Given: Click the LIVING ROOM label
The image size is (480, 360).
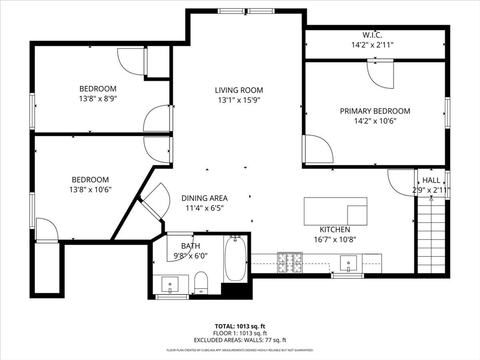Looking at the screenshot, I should coord(239,90).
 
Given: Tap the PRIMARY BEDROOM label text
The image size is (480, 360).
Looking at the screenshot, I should coord(375,111).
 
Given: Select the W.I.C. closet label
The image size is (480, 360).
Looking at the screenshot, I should coord(372,35).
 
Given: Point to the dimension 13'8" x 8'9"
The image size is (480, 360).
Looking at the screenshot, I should coord(97,99).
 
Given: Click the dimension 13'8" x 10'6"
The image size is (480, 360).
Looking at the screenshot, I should coord(90,189).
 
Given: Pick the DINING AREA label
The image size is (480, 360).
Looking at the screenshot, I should coord(204,198).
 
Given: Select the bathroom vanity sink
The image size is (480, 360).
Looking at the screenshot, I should coord(170,284).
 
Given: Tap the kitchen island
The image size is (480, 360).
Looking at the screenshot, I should coord(335,211).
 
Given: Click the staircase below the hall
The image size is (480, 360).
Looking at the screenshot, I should coord(431,237).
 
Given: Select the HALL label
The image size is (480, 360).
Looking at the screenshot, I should coord(431,180).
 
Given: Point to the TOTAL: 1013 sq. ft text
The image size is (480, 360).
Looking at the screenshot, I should coord(240,326).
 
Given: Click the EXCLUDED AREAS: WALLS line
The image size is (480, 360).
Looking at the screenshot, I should coord(240,340).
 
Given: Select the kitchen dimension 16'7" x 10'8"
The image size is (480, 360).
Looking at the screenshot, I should coord(335,239).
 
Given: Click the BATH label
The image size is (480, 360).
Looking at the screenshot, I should coord(190,246).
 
